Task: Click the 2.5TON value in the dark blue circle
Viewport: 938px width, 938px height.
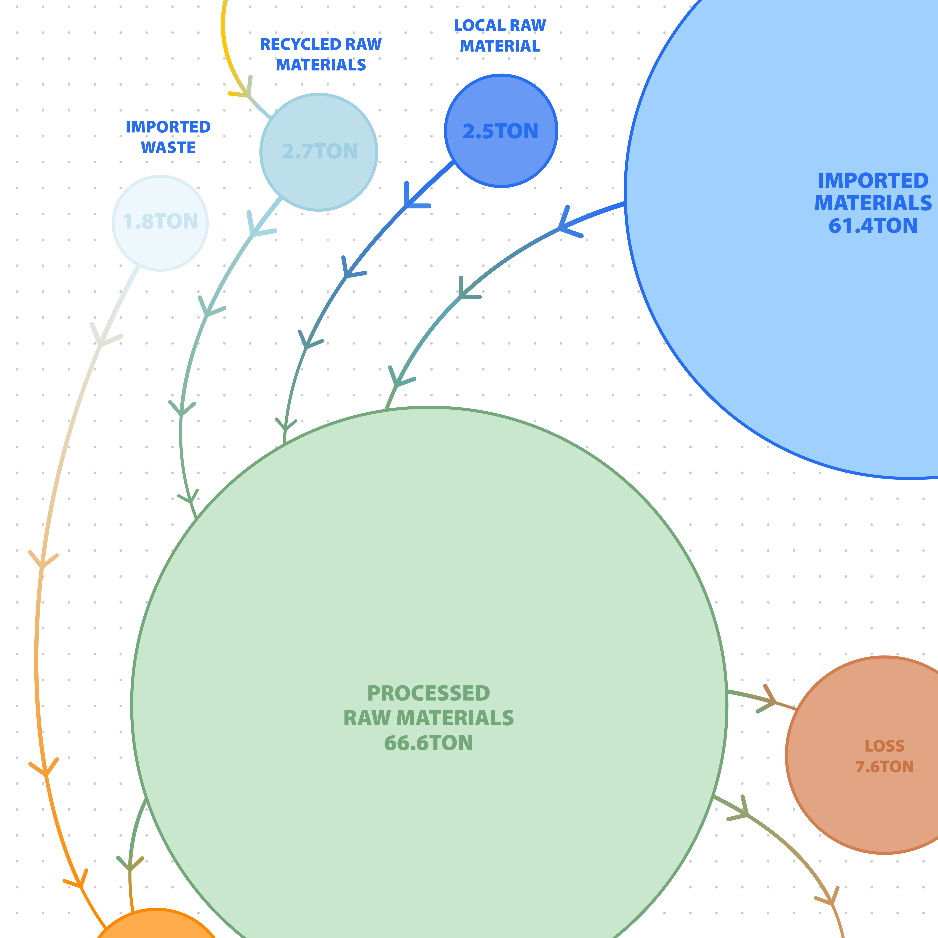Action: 500,132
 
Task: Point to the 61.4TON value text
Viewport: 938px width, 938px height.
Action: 873,226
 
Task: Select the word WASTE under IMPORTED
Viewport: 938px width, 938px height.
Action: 168,148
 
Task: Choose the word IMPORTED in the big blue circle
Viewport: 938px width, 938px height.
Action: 873,181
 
